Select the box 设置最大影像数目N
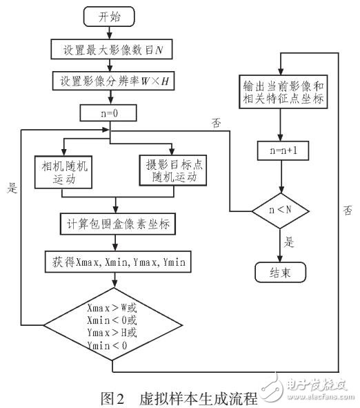[x=110, y=49]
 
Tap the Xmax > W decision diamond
[x=115, y=324]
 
